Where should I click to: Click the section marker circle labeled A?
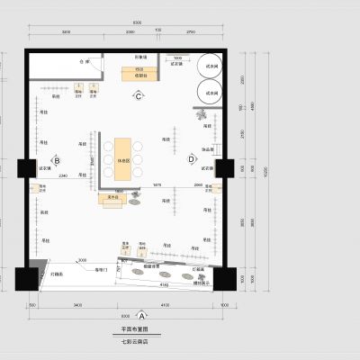[x=143, y=316]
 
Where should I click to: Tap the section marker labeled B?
[x=57, y=161]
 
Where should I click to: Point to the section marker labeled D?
[x=191, y=160]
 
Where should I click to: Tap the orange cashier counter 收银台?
[x=140, y=74]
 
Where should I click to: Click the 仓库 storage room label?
[x=87, y=63]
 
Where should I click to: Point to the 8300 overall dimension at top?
[x=137, y=21]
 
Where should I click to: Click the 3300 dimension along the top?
[x=66, y=31]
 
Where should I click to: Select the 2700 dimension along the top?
[x=190, y=31]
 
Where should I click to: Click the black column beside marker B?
[x=22, y=167]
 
